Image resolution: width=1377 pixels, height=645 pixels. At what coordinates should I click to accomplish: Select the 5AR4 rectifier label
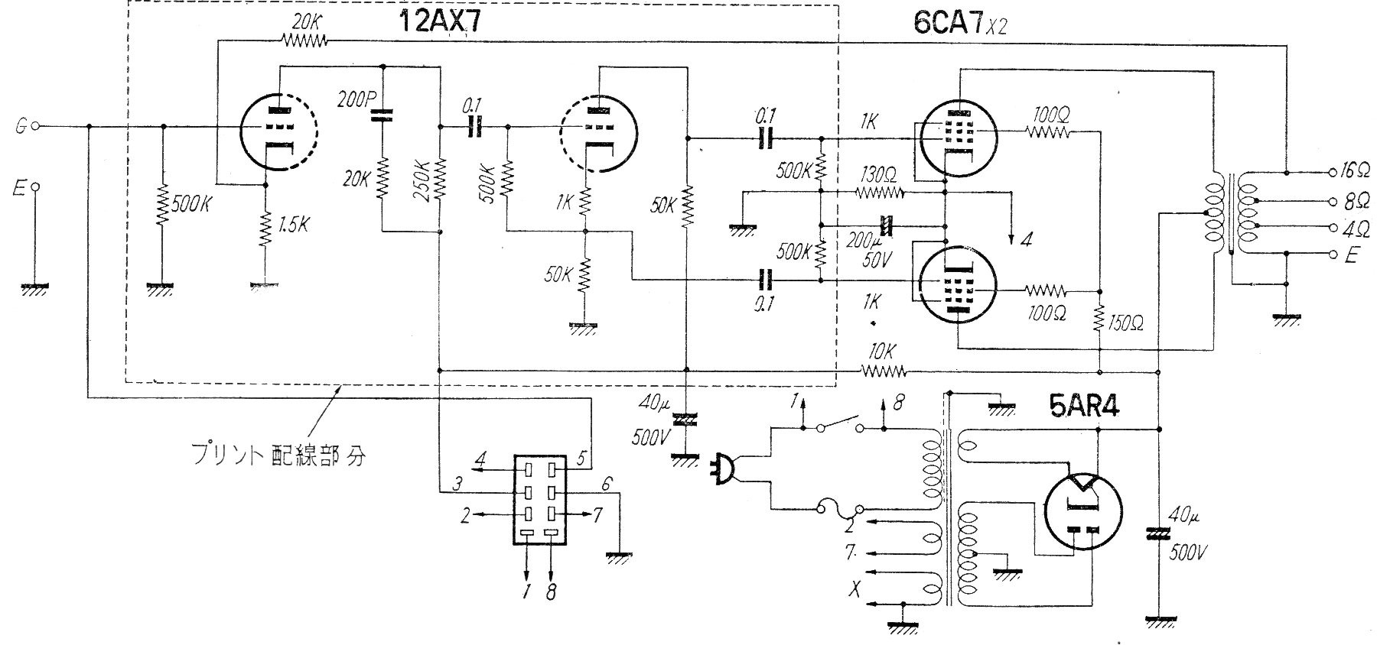point(1084,408)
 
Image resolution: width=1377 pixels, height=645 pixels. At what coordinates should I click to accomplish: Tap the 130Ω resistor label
point(877,174)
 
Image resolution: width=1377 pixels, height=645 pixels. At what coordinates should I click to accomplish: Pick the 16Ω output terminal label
point(1361,170)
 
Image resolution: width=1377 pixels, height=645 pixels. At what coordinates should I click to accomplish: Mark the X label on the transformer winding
point(855,588)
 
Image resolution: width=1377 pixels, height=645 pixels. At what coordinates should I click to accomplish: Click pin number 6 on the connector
point(606,483)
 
